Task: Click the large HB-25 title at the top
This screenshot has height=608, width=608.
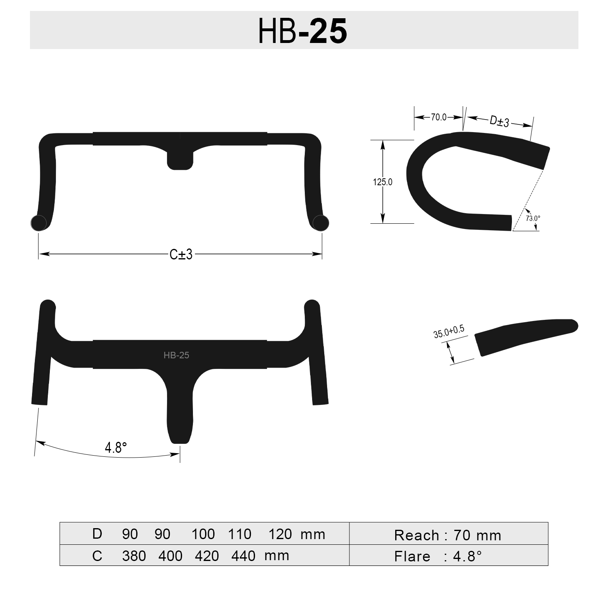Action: point(303,31)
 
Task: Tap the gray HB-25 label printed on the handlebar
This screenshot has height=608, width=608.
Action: point(176,355)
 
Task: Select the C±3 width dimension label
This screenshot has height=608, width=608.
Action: point(181,255)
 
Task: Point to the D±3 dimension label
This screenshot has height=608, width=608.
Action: point(499,121)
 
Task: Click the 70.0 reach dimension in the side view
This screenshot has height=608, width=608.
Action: point(439,117)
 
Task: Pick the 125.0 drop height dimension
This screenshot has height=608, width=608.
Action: point(383,182)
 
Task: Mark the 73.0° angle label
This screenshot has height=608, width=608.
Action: point(533,218)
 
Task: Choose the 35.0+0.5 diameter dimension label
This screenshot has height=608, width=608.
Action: point(449,332)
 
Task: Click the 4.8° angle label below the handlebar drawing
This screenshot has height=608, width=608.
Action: point(116,447)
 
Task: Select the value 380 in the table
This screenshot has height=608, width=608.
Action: point(134,555)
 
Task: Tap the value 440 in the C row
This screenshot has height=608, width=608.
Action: point(243,555)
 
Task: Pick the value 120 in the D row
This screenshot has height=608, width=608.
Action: point(280,534)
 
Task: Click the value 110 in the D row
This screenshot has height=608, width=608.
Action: point(240,534)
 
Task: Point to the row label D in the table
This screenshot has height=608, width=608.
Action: point(97,534)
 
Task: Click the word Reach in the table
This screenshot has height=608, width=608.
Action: point(417,535)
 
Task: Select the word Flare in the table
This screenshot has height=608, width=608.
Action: point(412,557)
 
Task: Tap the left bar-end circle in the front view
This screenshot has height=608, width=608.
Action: point(39,223)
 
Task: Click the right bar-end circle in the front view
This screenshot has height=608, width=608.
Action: point(321,223)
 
